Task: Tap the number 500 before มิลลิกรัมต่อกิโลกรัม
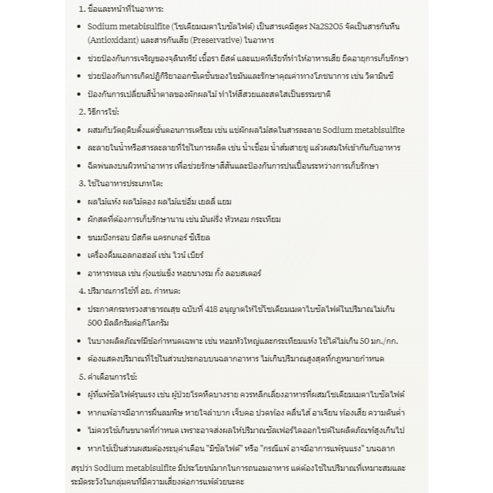(x=95, y=322)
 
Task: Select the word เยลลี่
(x=201, y=202)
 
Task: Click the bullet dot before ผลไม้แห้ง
(x=79, y=202)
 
